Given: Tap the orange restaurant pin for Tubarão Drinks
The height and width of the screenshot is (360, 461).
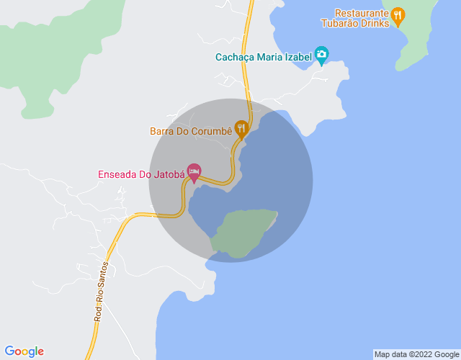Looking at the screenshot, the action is (398, 14).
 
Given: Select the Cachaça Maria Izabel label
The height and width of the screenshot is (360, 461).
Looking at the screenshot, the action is (264, 56).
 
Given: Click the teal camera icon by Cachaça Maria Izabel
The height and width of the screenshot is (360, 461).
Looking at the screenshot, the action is (321, 55).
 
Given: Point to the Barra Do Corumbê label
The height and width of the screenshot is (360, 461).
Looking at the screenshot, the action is (191, 131).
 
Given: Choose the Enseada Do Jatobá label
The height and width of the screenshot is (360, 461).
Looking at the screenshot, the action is (142, 174).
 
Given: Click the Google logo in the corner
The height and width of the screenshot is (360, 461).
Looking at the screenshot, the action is (24, 351).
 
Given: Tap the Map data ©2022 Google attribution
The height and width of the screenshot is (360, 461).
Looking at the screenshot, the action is (416, 354).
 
